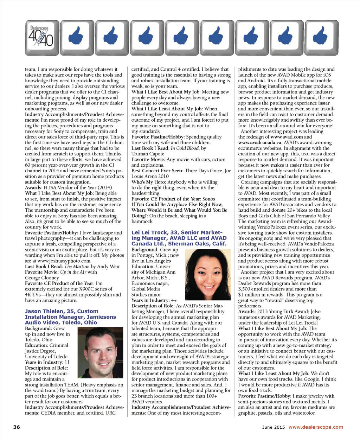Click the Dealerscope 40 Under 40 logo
click(x=42, y=38)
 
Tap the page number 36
click(x=17, y=427)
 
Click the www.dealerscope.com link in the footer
click(x=316, y=427)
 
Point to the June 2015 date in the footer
click(x=274, y=427)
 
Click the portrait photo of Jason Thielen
click(x=99, y=352)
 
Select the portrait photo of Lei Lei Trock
click(x=208, y=274)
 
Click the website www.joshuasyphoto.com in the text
click(x=64, y=261)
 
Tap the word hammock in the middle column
click(x=142, y=222)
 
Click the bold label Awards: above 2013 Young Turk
click(x=246, y=312)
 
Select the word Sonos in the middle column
click(x=209, y=199)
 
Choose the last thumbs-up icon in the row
click(x=321, y=38)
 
